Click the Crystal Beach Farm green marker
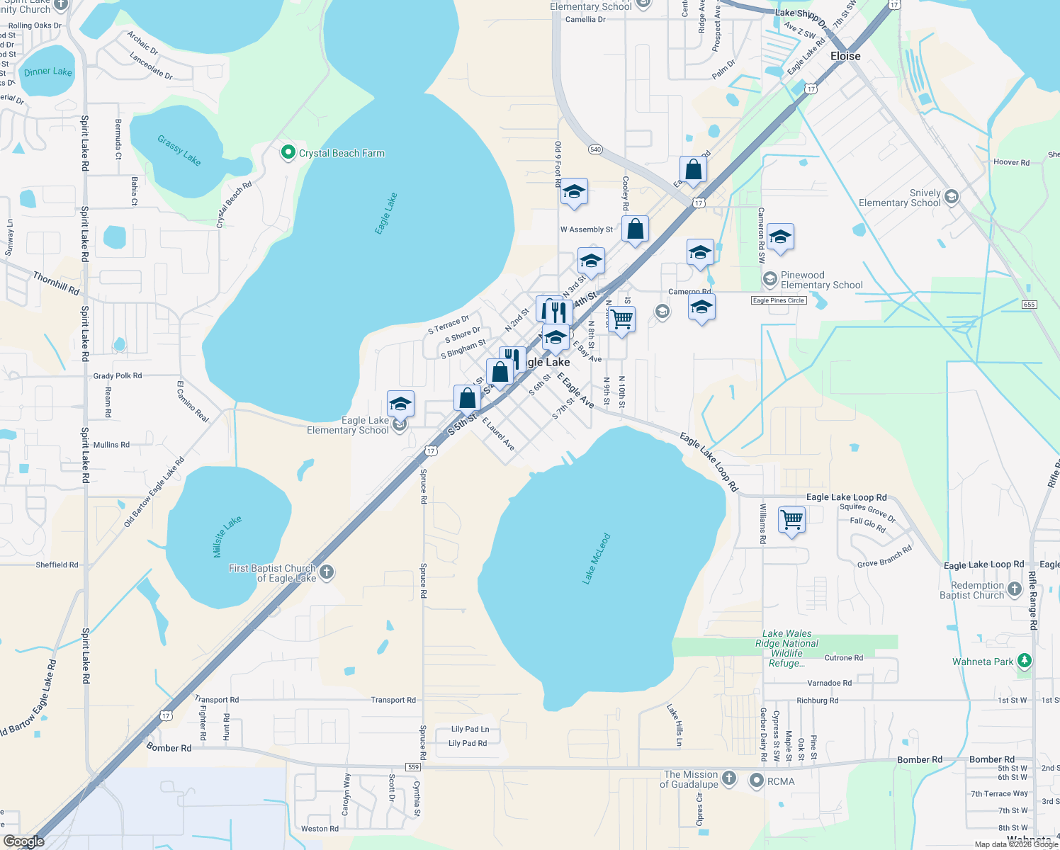(288, 152)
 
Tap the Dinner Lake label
(47, 72)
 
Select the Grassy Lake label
(179, 150)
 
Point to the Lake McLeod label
(596, 559)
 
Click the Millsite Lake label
(227, 536)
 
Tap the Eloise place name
(845, 56)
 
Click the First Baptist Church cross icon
(327, 572)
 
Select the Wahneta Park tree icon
(1024, 661)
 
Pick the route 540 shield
(595, 149)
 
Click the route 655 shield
(1029, 305)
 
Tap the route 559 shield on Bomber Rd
(413, 767)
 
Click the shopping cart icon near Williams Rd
(791, 519)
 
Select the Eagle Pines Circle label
(778, 300)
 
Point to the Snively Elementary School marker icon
(952, 197)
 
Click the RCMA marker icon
(756, 781)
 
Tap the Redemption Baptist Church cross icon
(1015, 589)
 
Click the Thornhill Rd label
(56, 283)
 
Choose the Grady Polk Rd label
(118, 376)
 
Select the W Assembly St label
(587, 229)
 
